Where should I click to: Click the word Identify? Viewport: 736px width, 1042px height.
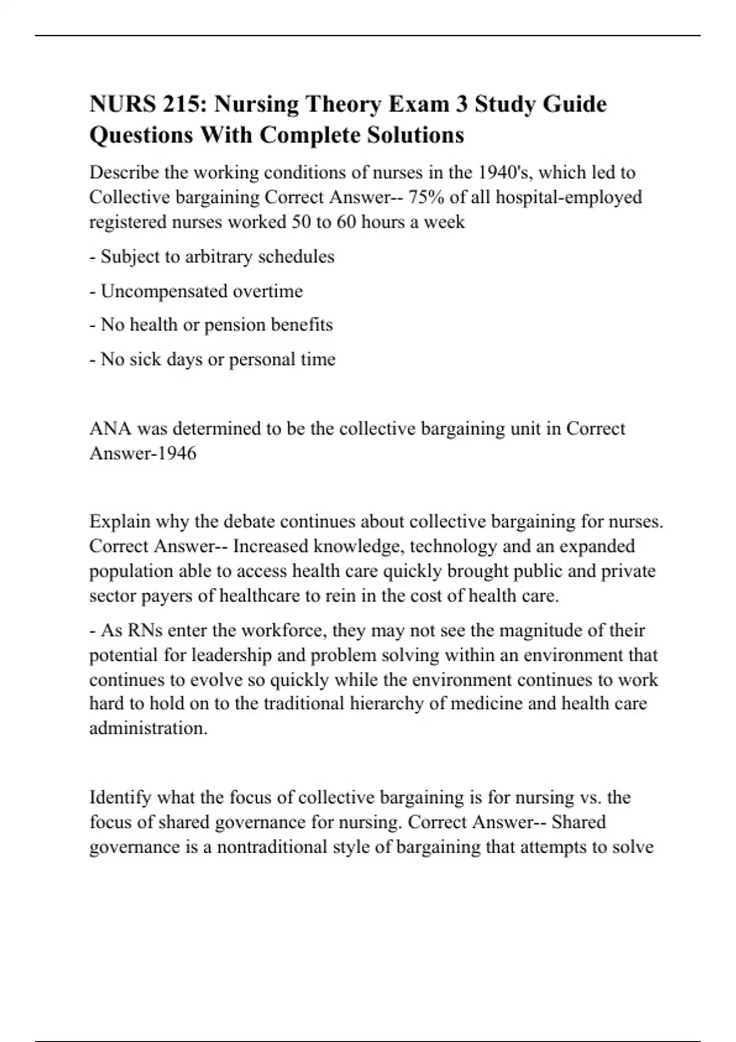120,797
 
